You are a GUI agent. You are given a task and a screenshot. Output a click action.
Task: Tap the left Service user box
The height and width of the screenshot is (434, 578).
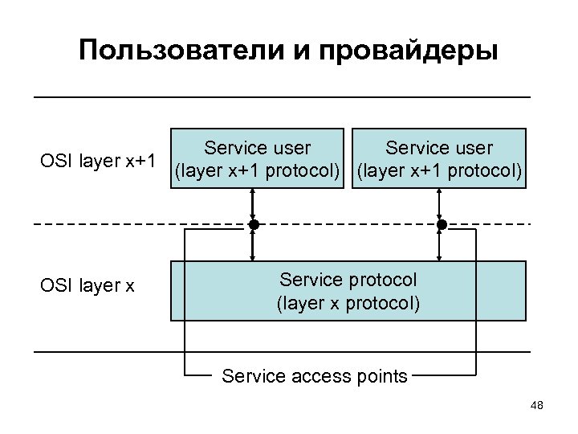(258, 158)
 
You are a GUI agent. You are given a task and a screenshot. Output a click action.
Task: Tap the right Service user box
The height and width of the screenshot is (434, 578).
(439, 158)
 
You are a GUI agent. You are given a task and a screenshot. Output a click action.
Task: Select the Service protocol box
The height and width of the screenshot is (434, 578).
(348, 291)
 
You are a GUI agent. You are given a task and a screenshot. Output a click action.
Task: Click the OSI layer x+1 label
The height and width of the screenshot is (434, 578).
(98, 160)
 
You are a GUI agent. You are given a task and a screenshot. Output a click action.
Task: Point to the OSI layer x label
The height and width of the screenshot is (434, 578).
(88, 285)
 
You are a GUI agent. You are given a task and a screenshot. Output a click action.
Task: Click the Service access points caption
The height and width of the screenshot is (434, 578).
(314, 375)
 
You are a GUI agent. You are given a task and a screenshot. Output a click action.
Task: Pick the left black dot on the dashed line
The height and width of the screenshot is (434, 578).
(254, 224)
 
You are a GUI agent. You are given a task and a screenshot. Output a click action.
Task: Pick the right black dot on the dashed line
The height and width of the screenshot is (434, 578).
(441, 224)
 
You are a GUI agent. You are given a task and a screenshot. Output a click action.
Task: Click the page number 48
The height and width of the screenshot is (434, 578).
(537, 407)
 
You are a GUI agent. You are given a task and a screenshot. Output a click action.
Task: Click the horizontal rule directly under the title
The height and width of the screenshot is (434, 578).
(282, 97)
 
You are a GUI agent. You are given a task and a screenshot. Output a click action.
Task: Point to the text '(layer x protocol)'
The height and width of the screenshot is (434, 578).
(348, 304)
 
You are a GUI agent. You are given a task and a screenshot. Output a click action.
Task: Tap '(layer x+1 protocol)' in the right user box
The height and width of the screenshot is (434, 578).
(439, 171)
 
